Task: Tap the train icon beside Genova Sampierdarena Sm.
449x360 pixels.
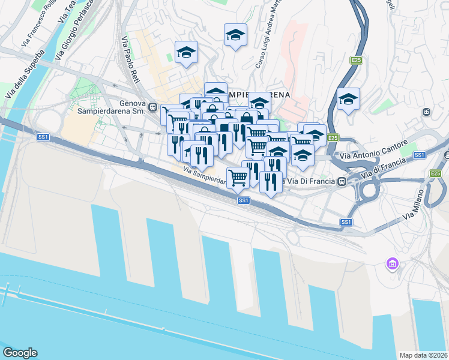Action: (154, 108)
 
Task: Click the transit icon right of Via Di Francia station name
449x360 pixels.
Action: (342, 181)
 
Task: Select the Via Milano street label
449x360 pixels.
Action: (418, 204)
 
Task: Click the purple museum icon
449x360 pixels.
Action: (393, 263)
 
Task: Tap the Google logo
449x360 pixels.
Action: (20, 353)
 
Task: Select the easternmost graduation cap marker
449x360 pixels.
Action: (348, 99)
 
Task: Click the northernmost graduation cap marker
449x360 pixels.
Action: (235, 35)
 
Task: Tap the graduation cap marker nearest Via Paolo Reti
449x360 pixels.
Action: (186, 53)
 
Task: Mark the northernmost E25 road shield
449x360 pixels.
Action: (357, 60)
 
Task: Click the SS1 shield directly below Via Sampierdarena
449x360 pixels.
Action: (243, 200)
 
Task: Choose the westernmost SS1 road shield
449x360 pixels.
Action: (43, 137)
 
